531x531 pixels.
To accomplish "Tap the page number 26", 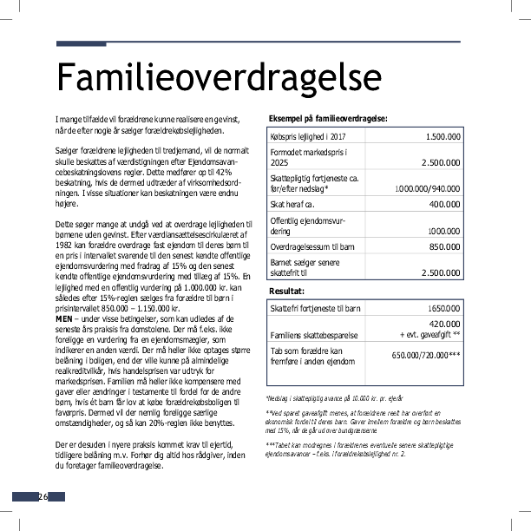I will [41, 497].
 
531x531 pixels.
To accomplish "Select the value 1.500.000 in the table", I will [442, 137].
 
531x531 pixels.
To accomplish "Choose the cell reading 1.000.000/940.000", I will [428, 187].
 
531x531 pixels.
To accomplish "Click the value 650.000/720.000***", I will [426, 355].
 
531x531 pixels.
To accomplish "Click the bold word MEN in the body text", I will [64, 318].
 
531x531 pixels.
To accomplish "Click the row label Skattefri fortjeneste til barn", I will [315, 308].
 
